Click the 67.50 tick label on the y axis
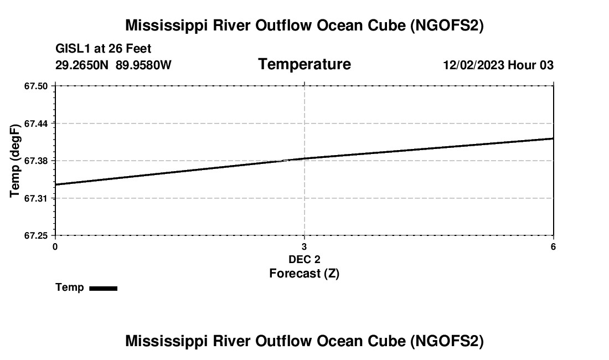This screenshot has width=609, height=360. point(37,86)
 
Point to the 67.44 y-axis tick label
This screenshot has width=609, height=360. point(37,124)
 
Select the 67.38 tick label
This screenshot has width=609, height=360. point(37,161)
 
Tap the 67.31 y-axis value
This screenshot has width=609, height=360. point(37,198)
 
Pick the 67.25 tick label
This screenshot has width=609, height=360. point(37,236)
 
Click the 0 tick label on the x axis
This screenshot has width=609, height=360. point(55,246)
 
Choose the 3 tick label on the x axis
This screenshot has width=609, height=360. point(304,246)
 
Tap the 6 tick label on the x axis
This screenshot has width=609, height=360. point(553,246)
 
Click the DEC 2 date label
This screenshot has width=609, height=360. point(304,259)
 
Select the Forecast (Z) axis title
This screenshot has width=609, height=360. point(304,273)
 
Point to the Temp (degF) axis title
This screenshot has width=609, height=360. point(16,161)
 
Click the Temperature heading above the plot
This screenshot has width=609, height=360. point(304,64)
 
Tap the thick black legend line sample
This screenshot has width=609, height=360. point(103,288)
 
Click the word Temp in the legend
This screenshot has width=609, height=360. point(70,287)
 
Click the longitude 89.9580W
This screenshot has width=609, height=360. point(143,65)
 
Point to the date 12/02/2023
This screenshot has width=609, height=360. point(474,65)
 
